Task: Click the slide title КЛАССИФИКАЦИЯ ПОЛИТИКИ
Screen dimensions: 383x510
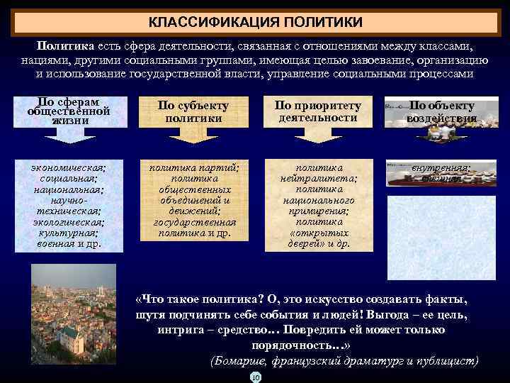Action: tap(254, 23)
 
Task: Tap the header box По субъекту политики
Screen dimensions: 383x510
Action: tap(193, 111)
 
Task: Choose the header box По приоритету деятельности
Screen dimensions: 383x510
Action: tap(317, 111)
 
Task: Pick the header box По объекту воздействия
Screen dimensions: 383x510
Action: tap(441, 111)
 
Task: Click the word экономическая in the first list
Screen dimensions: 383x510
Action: tap(69, 167)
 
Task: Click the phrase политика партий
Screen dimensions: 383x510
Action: tap(193, 167)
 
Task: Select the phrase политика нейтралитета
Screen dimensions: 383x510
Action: tap(317, 174)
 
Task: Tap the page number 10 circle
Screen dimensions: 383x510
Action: tap(256, 377)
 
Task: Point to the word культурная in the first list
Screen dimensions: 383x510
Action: tap(69, 232)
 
